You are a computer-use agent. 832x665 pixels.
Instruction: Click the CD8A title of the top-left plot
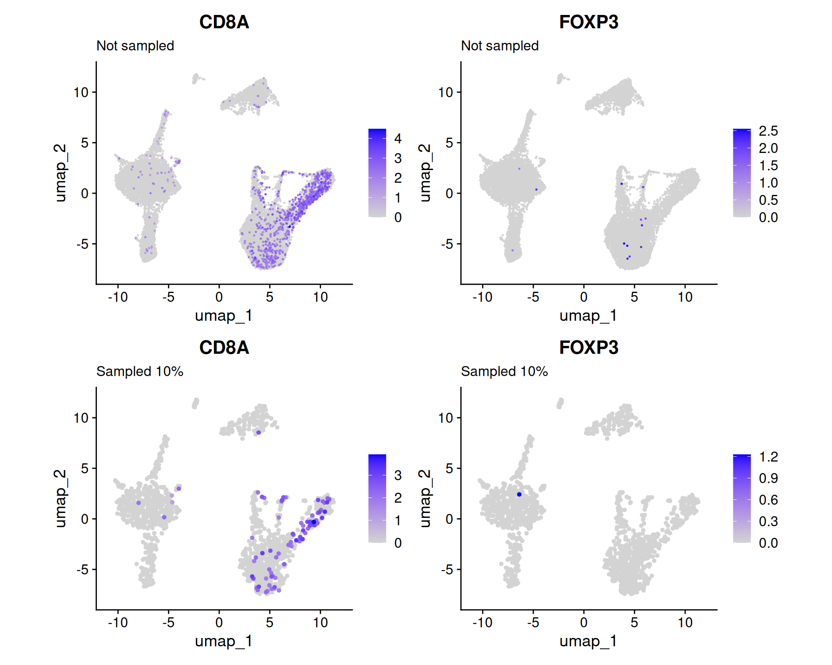224,22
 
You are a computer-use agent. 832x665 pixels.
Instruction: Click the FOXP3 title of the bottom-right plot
588,347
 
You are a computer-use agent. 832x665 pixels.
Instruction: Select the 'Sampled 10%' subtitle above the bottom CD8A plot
140,371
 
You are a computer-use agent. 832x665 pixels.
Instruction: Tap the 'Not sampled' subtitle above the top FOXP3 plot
500,46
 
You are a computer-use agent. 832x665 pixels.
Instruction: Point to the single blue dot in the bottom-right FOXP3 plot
519,494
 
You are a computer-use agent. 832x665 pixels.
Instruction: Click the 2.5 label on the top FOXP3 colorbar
768,131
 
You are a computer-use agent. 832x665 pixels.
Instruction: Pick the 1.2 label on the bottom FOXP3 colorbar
768,457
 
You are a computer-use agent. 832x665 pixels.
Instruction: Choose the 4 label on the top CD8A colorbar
398,138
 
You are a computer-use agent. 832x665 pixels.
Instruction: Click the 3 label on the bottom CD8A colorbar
398,475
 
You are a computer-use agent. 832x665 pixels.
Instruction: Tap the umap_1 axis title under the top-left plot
224,315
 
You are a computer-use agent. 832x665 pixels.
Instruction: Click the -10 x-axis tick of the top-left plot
118,297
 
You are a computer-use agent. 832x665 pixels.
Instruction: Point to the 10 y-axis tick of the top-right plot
446,92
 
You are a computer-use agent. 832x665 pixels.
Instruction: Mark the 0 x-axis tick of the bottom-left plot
219,622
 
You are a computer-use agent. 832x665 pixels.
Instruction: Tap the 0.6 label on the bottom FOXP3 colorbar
768,500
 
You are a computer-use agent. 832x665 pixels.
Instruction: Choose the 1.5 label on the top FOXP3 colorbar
768,165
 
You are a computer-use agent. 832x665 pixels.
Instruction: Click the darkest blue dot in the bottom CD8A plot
314,522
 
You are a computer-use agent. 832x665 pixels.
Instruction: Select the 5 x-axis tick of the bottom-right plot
634,622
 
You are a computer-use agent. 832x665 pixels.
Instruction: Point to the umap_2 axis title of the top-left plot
60,172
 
